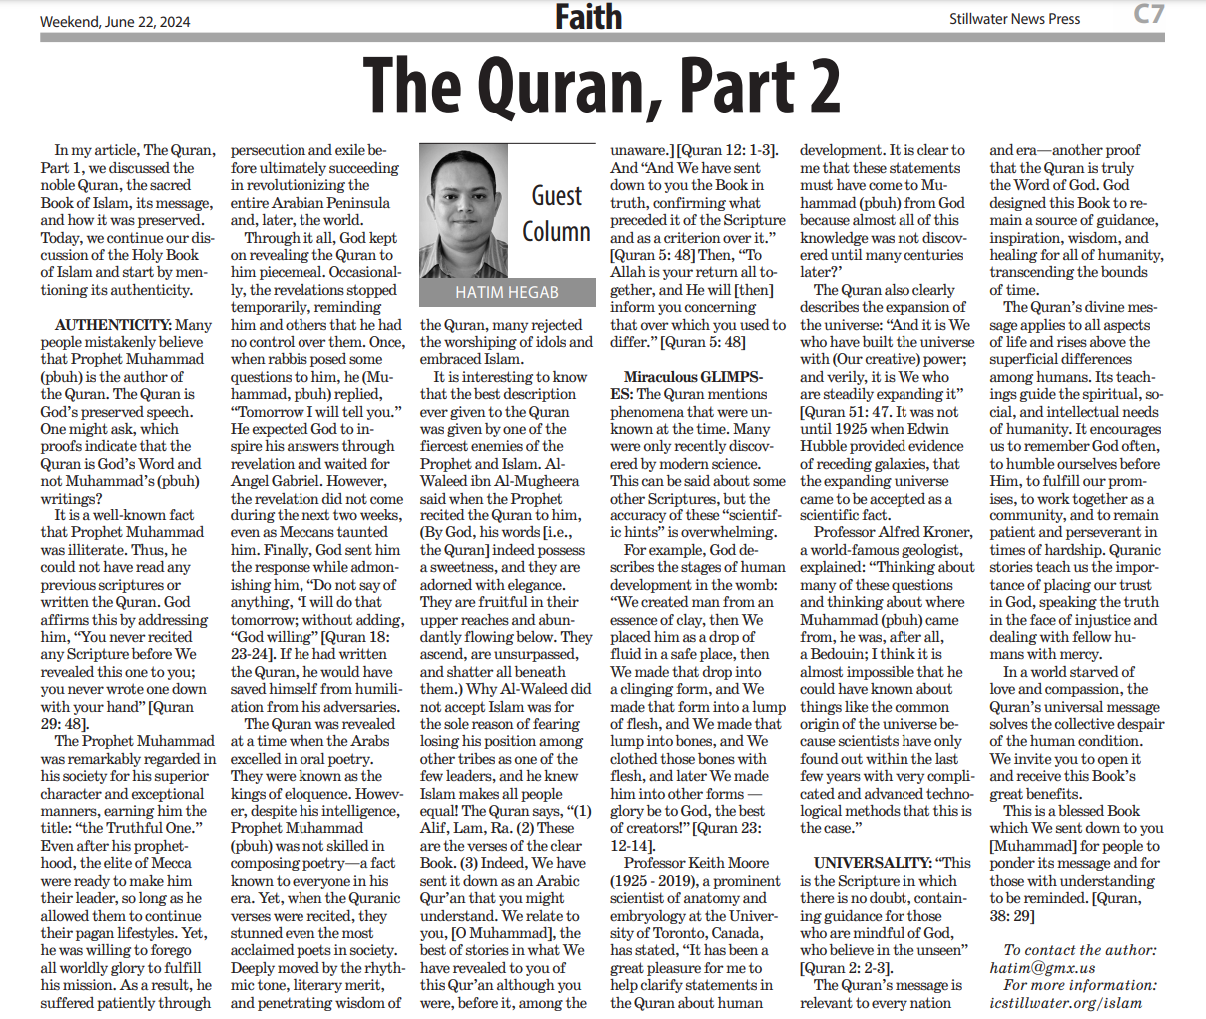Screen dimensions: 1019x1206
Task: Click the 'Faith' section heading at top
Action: [588, 17]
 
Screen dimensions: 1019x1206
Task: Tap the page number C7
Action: [1148, 14]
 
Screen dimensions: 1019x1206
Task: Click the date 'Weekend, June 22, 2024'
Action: [115, 21]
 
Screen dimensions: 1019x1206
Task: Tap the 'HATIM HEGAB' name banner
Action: [507, 292]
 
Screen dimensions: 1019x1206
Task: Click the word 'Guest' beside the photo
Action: [556, 195]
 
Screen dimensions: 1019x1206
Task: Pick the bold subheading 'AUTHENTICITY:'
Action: [113, 325]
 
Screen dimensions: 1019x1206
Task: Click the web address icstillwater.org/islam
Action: [1065, 1003]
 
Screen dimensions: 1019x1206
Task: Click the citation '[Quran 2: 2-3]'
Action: [846, 968]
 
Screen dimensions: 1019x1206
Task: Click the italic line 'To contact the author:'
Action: [1080, 950]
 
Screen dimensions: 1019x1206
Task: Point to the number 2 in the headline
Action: [819, 86]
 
